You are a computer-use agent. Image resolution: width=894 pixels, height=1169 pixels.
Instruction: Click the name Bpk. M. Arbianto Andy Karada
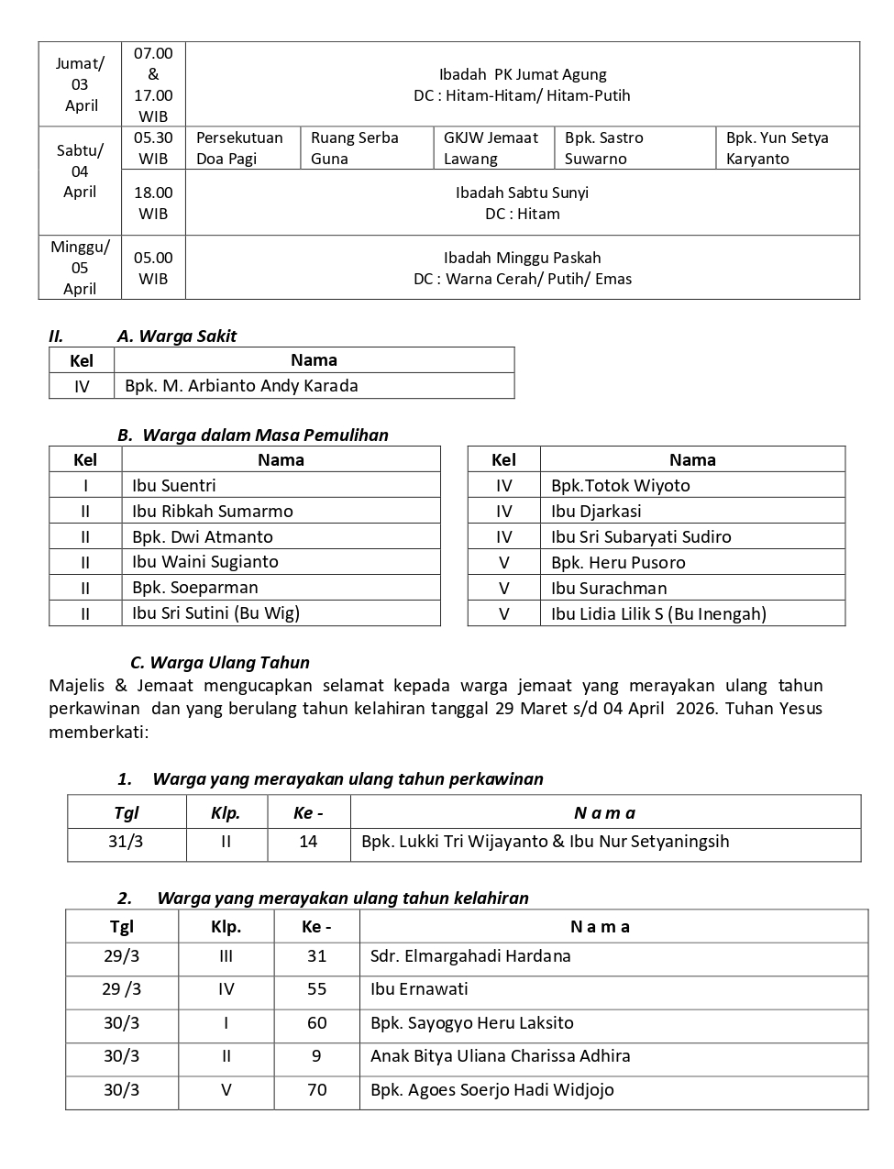(x=241, y=386)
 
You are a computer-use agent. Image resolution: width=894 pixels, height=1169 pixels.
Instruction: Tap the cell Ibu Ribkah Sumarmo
(x=212, y=512)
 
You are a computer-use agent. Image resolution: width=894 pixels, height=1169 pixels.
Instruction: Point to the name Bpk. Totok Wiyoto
(x=620, y=486)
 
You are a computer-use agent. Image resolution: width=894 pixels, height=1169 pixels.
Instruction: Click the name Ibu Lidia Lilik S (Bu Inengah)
(x=658, y=614)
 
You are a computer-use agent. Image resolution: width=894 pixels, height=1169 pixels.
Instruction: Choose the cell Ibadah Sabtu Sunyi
(x=522, y=193)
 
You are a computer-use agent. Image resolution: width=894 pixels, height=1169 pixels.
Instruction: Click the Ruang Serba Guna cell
(x=355, y=148)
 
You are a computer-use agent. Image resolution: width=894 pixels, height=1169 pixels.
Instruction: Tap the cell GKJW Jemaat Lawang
(x=491, y=148)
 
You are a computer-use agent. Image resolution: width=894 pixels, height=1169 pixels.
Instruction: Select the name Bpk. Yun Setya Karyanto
(x=777, y=148)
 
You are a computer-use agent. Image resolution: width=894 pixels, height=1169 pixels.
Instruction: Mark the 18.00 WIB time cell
(x=153, y=203)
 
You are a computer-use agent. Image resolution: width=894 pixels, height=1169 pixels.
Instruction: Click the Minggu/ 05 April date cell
(x=80, y=268)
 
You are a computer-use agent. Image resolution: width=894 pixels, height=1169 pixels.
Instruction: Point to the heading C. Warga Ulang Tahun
(x=220, y=662)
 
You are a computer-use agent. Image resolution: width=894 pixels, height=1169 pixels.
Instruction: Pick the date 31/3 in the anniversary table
(x=126, y=842)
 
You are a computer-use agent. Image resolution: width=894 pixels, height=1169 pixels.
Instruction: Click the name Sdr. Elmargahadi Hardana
(x=470, y=956)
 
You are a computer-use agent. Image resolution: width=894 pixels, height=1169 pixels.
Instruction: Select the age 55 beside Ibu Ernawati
(x=316, y=989)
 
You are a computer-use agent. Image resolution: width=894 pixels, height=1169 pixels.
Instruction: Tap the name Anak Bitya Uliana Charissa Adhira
(x=500, y=1056)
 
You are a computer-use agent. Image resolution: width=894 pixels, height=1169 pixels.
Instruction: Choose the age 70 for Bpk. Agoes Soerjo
(x=316, y=1090)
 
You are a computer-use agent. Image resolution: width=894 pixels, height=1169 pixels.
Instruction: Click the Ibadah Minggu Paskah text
(x=522, y=259)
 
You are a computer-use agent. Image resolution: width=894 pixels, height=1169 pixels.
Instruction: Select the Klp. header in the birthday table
(x=226, y=927)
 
